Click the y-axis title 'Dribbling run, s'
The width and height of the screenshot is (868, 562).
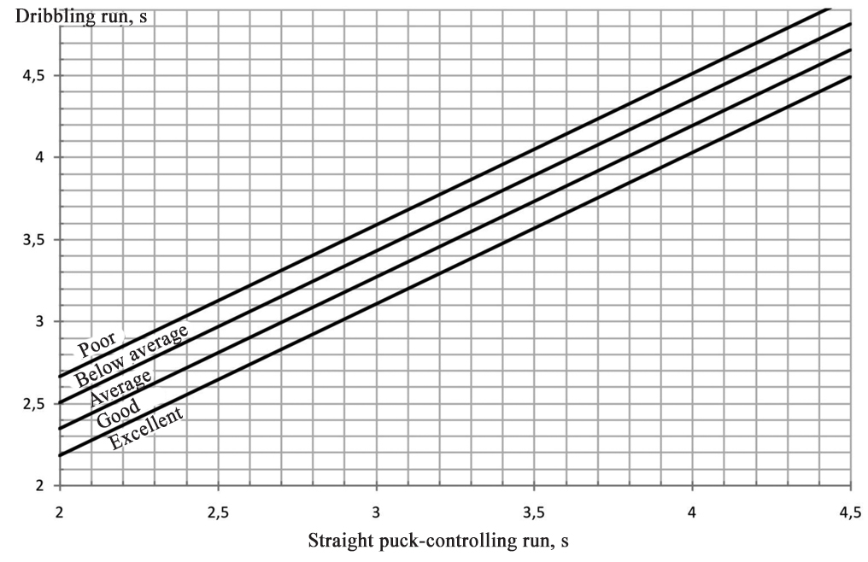click(74, 16)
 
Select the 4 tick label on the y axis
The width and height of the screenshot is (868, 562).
click(39, 158)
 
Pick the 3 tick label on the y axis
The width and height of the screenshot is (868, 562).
click(39, 322)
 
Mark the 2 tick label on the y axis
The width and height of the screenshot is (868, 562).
click(39, 486)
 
